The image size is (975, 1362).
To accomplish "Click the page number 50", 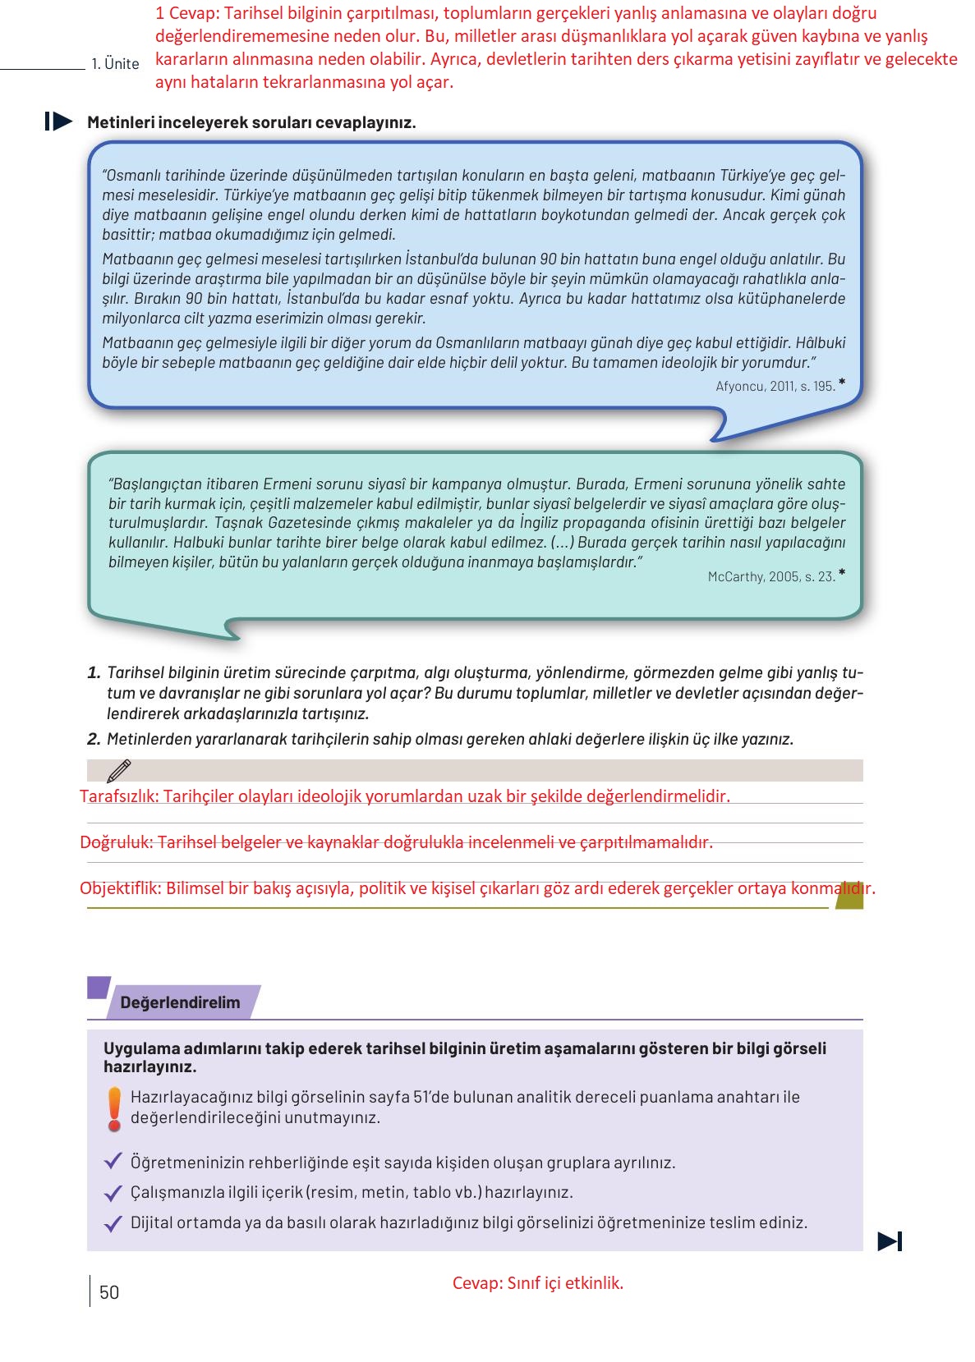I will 109,1292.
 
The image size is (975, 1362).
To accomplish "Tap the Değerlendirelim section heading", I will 180,1002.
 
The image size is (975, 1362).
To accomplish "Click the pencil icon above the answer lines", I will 118,770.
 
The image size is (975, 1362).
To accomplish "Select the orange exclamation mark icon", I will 115,1107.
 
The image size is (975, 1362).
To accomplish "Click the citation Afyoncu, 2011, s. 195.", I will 775,385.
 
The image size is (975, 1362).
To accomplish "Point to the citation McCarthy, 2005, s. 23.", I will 770,576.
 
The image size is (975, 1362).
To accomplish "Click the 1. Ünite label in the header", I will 115,64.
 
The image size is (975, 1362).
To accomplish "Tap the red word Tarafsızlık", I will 119,796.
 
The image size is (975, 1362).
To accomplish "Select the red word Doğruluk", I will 116,842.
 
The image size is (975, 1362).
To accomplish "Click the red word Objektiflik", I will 120,888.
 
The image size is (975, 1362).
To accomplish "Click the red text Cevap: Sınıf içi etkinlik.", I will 538,1283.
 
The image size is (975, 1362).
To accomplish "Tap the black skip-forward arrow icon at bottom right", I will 890,1241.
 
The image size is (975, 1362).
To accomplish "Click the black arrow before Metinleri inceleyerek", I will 59,122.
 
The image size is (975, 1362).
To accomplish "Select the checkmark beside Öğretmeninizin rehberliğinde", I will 113,1163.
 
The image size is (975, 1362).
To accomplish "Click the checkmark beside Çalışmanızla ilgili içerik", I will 113,1193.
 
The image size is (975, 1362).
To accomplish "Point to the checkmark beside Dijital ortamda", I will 113,1223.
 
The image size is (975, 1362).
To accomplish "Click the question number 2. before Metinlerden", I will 94,739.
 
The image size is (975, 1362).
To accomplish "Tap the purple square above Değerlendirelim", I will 99,986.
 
